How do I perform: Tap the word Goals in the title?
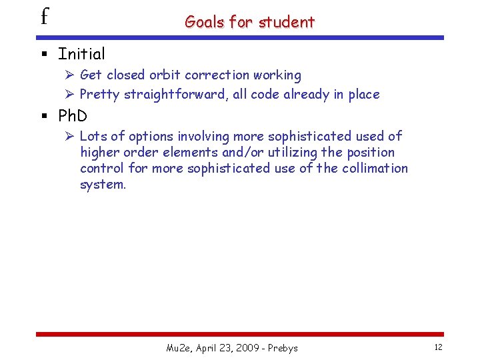(x=205, y=22)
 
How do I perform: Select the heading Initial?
(x=81, y=53)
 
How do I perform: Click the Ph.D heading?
(x=73, y=116)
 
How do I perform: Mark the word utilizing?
(x=295, y=152)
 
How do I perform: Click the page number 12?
(x=438, y=347)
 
